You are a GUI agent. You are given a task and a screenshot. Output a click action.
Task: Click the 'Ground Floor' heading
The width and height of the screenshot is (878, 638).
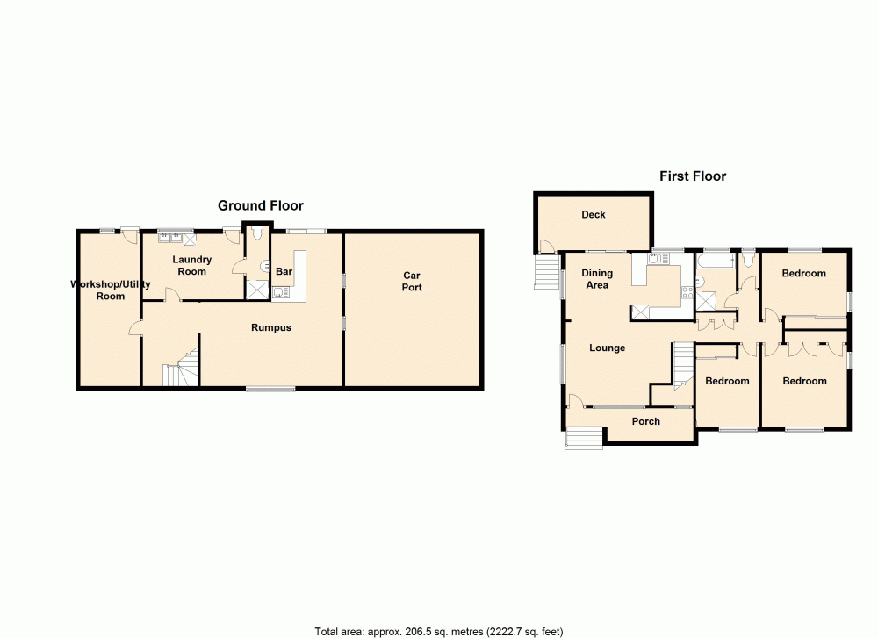(x=261, y=205)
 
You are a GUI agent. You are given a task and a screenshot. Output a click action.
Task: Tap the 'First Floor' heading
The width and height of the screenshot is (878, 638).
(x=693, y=176)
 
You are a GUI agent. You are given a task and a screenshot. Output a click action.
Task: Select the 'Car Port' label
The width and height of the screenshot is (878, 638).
(x=412, y=282)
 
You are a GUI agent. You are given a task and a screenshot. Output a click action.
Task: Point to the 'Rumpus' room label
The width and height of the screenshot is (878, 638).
(x=270, y=327)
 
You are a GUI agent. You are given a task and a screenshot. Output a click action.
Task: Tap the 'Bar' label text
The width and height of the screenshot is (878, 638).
(x=284, y=272)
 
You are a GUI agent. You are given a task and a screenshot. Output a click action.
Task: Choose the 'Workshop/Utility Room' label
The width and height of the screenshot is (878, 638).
(x=111, y=290)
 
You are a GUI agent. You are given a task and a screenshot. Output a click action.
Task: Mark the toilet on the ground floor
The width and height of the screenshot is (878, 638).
(x=256, y=235)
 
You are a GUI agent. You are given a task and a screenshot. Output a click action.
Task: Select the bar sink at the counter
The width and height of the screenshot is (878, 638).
(x=279, y=294)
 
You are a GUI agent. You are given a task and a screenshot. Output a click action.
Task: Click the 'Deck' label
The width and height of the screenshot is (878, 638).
(x=594, y=214)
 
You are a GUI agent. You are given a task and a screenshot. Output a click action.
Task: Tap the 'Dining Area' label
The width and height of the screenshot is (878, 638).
(x=597, y=279)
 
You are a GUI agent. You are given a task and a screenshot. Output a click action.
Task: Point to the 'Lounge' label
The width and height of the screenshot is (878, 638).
(x=607, y=348)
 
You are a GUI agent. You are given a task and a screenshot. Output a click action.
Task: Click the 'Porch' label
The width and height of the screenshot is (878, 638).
(x=646, y=421)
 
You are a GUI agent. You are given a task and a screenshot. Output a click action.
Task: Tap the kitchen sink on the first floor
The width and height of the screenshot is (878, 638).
(x=654, y=259)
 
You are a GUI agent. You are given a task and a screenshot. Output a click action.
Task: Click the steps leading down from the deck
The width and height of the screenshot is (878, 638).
(x=547, y=271)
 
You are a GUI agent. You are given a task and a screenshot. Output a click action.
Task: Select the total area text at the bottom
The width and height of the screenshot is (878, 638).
(x=438, y=631)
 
